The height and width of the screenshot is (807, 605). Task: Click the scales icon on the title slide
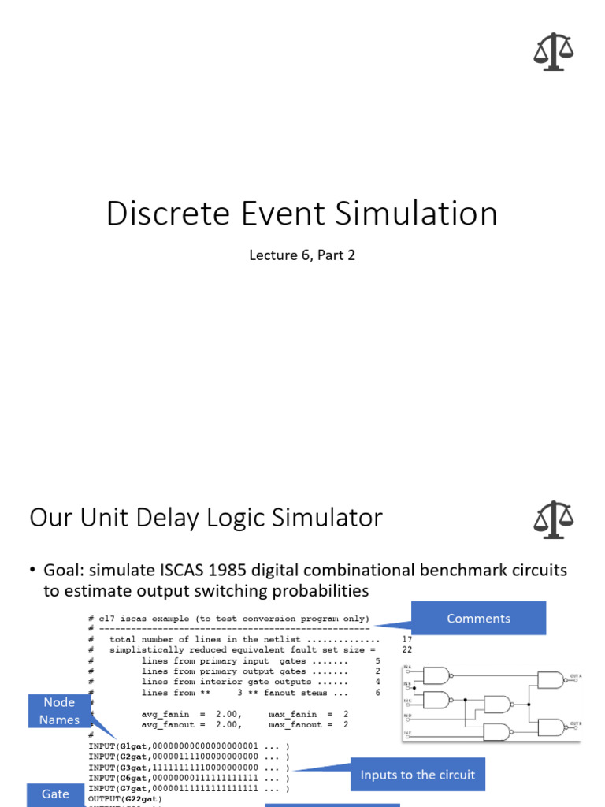pyautogui.click(x=553, y=51)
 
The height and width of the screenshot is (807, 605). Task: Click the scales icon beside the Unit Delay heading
pyautogui.click(x=553, y=519)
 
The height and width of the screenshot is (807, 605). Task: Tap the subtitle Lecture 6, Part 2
pyautogui.click(x=302, y=255)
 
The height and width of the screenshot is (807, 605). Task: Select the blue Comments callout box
pyautogui.click(x=478, y=619)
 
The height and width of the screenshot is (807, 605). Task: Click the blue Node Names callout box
pyautogui.click(x=60, y=711)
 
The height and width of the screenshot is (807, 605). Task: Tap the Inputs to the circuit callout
pyautogui.click(x=418, y=775)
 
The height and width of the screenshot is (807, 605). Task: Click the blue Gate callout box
pyautogui.click(x=55, y=794)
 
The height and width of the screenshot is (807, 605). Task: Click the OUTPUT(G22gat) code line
pyautogui.click(x=125, y=798)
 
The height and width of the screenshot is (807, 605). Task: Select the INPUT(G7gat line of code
pyautogui.click(x=118, y=788)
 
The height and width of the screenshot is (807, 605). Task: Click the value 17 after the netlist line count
pyautogui.click(x=406, y=640)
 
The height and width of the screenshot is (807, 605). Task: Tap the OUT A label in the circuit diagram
pyautogui.click(x=576, y=676)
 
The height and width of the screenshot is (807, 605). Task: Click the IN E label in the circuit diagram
pyautogui.click(x=407, y=733)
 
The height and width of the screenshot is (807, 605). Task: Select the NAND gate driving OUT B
pyautogui.click(x=551, y=727)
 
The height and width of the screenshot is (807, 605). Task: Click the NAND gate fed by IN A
pyautogui.click(x=436, y=675)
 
